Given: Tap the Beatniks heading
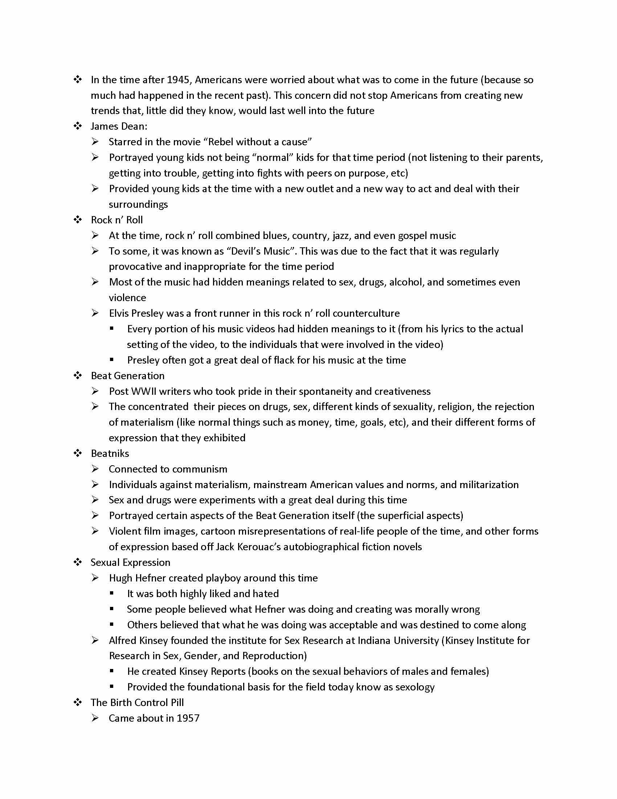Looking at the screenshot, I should click(110, 454).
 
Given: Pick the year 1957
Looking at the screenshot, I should click(188, 718).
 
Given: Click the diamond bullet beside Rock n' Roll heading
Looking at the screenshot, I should click(78, 220).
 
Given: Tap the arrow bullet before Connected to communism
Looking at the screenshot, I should click(95, 469).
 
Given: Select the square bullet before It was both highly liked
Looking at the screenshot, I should click(112, 593).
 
